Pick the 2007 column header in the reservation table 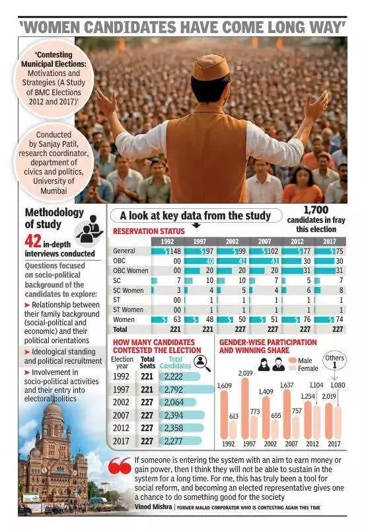tap(265, 241)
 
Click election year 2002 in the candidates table tap(121, 402)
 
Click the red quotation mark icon tap(120, 466)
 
